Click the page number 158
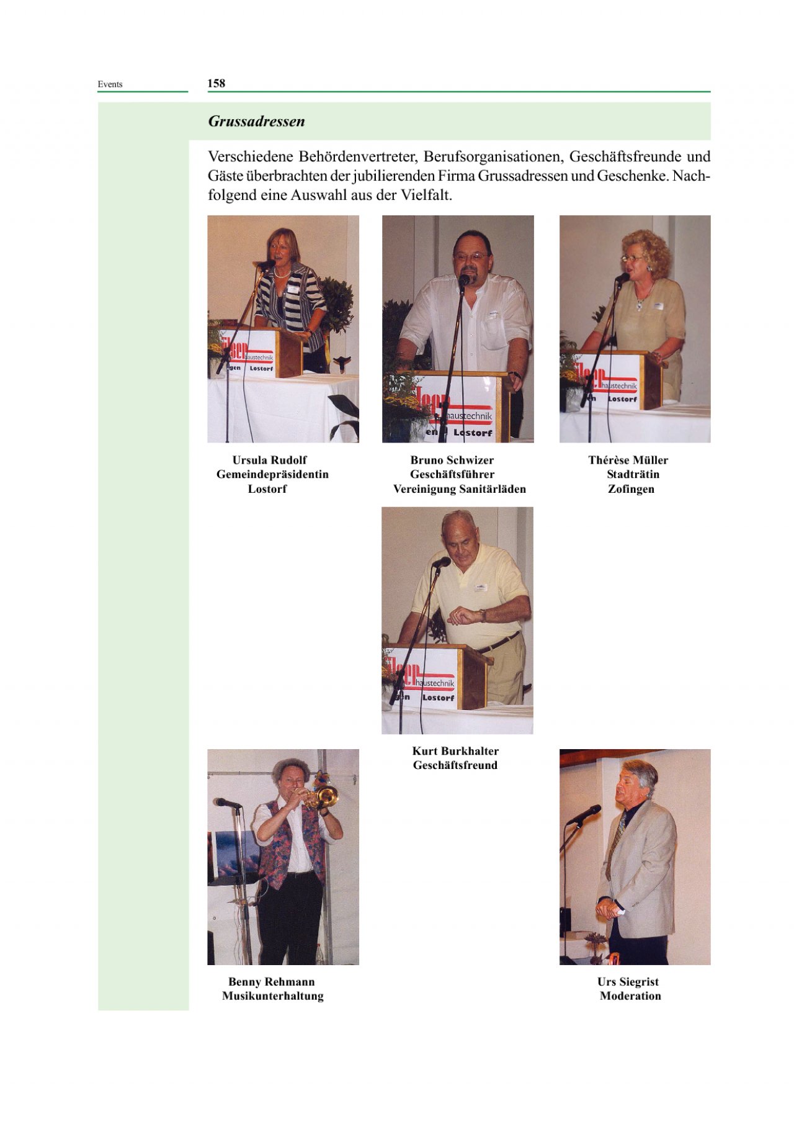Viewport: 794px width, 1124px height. [x=216, y=83]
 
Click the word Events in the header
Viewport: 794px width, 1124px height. [x=110, y=84]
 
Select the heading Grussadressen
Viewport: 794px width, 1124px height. [x=256, y=121]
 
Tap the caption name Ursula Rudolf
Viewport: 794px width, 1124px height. [x=269, y=460]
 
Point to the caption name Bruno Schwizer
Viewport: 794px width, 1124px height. [x=452, y=460]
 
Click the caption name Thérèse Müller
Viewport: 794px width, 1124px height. [x=628, y=460]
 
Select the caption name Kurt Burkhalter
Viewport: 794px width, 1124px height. [x=455, y=751]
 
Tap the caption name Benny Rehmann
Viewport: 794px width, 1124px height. [x=272, y=982]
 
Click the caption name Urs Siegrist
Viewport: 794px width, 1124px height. [x=628, y=982]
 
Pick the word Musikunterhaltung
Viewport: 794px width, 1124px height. [x=273, y=996]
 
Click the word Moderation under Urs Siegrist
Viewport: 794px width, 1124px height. [x=630, y=996]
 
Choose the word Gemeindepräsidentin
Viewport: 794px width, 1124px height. [x=272, y=475]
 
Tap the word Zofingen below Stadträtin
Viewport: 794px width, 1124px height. [x=631, y=489]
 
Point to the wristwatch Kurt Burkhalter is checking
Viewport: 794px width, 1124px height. [x=481, y=615]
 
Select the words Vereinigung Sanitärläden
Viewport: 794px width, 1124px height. [x=460, y=489]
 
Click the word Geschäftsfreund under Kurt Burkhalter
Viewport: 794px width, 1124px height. [x=455, y=765]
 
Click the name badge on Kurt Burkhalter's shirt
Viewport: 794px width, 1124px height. [x=481, y=587]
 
